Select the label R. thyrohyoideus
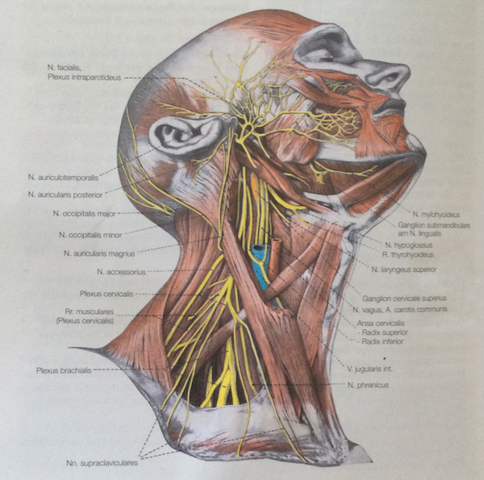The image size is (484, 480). pos(408,253)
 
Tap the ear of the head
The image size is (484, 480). pos(181,133)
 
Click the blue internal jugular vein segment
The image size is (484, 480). pos(260,266)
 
